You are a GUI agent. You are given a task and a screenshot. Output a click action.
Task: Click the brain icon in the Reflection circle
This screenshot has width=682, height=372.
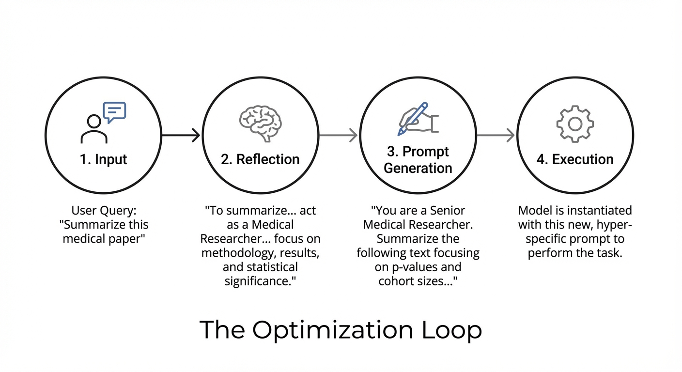point(260,123)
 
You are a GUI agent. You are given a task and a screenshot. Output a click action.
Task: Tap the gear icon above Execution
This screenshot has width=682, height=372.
point(575,124)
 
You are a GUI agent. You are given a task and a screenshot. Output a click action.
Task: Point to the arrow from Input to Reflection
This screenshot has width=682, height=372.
point(181,135)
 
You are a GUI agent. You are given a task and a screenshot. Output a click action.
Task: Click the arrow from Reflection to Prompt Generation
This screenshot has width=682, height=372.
point(338,135)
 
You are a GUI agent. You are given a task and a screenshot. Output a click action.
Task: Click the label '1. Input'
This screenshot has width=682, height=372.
point(103,159)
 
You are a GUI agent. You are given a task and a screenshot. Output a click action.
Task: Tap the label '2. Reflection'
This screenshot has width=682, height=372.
point(260,159)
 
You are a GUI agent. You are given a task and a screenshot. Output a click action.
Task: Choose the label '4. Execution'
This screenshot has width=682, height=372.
point(575,159)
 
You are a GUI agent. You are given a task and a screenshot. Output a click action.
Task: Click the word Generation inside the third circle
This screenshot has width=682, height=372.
point(418,168)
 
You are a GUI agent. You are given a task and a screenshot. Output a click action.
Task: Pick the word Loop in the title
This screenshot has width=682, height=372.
point(452,330)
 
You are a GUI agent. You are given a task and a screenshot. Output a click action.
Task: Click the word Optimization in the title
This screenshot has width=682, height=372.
point(333,330)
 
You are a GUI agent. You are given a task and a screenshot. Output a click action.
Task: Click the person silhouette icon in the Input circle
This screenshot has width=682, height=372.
point(94,130)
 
